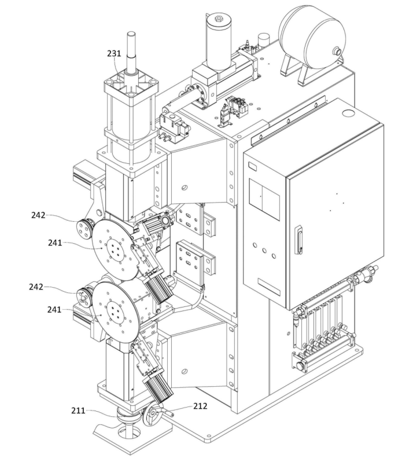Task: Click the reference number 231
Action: [114, 53]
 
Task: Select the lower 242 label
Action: [36, 287]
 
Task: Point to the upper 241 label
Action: [55, 243]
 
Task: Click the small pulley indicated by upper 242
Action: [86, 228]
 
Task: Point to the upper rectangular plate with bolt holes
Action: [191, 220]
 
